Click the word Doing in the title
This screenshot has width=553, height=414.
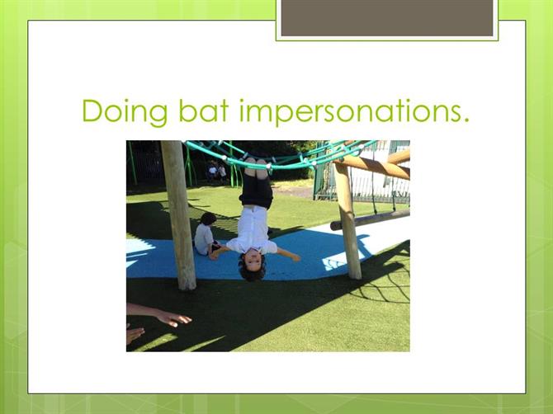point(125,112)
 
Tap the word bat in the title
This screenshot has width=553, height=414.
point(204,111)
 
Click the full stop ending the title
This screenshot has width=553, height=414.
point(466,120)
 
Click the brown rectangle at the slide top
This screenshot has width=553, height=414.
point(387,17)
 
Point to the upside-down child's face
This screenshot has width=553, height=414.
point(253,261)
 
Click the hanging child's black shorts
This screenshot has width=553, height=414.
point(257,191)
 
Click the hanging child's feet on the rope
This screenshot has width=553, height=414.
point(256,167)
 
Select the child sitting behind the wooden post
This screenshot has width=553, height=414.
point(206,234)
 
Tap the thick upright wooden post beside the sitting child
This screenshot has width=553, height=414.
point(179,215)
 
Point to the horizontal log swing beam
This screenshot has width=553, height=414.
point(370,220)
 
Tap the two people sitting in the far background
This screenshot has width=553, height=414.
point(216,172)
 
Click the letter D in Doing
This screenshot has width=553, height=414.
point(93,111)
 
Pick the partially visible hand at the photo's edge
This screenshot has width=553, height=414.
point(135,334)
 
